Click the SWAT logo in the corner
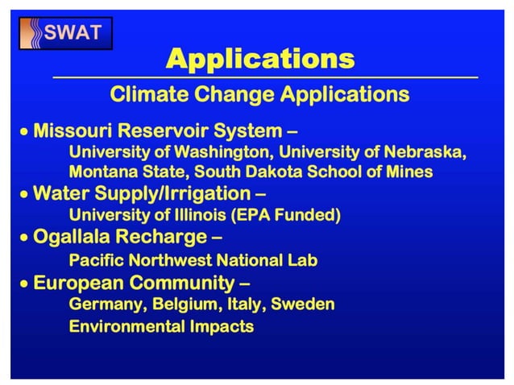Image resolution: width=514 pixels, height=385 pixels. [x=65, y=34]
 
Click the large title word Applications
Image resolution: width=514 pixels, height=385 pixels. [x=259, y=59]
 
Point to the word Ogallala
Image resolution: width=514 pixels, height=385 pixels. [x=69, y=238]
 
